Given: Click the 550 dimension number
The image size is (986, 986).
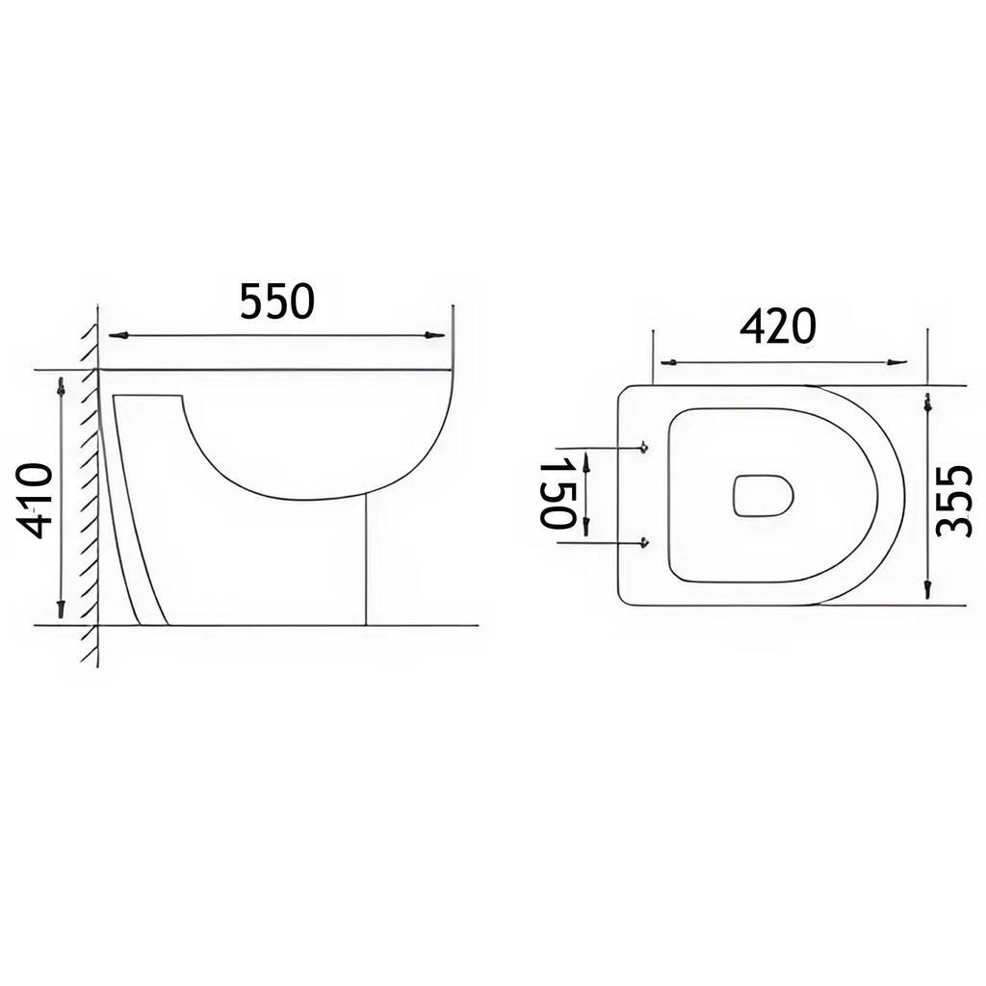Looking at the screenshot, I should click(x=276, y=301).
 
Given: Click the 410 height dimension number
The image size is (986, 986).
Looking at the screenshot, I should click(x=37, y=500).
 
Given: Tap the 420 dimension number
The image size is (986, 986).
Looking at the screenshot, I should click(x=777, y=327).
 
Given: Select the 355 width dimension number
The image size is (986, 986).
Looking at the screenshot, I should click(x=954, y=500).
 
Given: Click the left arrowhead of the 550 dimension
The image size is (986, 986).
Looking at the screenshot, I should click(x=117, y=335).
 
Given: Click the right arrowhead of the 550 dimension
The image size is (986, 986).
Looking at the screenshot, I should click(x=435, y=335).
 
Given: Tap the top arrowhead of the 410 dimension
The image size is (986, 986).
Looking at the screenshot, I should click(x=61, y=387).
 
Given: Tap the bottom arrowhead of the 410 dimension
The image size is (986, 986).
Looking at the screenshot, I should click(x=61, y=609).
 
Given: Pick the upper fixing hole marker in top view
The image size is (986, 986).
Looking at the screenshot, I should click(x=643, y=448).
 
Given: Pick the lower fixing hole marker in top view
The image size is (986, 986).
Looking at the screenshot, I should click(x=643, y=542).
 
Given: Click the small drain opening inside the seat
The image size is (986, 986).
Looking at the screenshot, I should click(x=763, y=495).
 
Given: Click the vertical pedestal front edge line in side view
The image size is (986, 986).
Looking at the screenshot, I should click(x=367, y=558).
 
